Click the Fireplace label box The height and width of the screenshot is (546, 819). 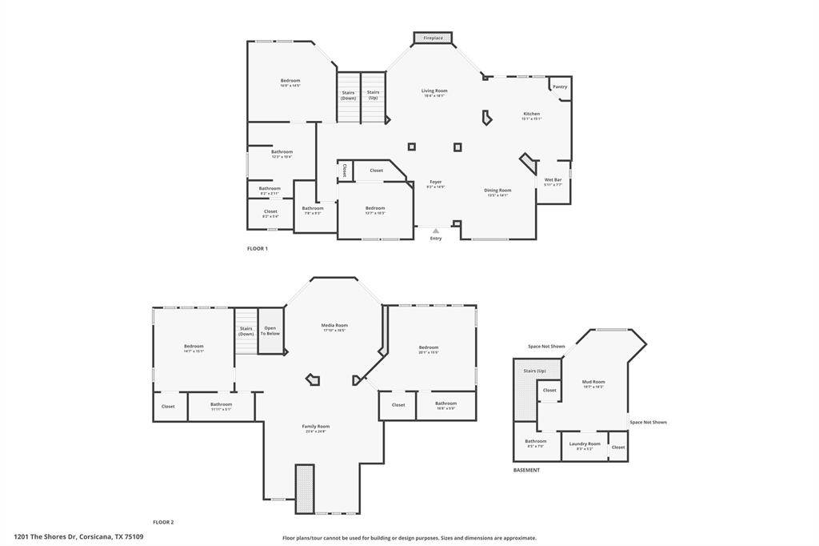(433, 38)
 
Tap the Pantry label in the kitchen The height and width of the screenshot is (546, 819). (560, 86)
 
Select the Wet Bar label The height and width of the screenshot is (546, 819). (553, 180)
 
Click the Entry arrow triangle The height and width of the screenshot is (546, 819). (436, 231)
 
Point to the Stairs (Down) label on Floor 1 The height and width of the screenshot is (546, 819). (348, 94)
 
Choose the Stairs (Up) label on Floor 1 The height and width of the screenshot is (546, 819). (373, 94)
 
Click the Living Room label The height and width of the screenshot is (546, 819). (434, 91)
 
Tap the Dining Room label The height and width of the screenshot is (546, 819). (497, 191)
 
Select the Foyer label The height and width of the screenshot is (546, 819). (435, 182)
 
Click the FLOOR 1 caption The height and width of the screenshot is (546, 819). (257, 249)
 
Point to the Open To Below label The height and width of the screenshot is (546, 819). (271, 330)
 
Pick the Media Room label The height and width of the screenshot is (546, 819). (334, 325)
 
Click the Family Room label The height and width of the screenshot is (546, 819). (315, 426)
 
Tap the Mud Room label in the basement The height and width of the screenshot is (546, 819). (593, 382)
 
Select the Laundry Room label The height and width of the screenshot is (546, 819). (584, 444)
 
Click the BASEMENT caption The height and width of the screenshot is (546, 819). (526, 470)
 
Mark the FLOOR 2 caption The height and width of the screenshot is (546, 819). (163, 522)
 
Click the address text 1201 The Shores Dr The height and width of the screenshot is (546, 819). (78, 536)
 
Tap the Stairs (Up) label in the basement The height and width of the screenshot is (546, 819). (534, 371)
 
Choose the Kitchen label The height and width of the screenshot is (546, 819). (531, 114)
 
